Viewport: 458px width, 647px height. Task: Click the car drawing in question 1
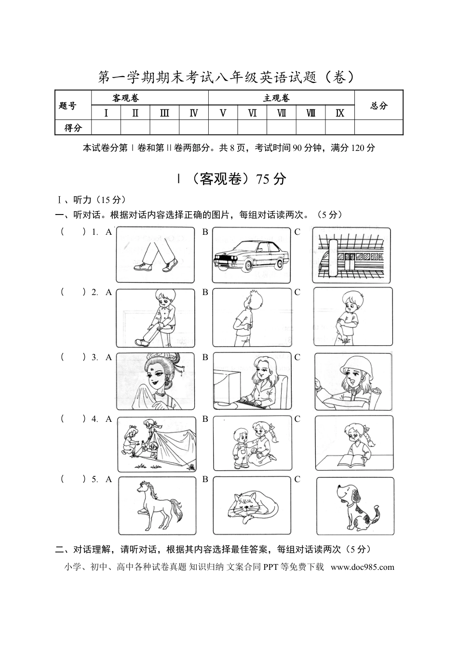point(251,256)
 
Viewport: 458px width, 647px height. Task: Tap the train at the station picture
point(351,256)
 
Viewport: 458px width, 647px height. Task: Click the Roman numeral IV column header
point(193,113)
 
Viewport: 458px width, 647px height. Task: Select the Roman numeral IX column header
point(340,113)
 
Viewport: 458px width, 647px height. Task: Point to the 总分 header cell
point(378,106)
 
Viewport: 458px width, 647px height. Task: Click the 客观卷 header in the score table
point(126,98)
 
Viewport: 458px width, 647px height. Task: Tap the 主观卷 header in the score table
point(276,98)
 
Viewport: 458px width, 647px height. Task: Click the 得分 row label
point(73,127)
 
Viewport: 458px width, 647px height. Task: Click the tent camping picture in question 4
point(157,444)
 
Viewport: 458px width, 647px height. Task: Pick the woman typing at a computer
point(252,381)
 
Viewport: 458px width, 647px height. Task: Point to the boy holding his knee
point(155,318)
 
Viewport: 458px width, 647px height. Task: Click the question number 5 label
point(95,479)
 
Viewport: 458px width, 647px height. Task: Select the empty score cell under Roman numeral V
point(223,127)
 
